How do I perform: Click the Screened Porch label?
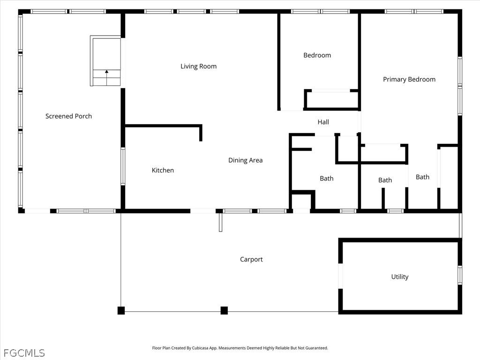tap(68, 116)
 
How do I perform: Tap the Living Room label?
tap(198, 67)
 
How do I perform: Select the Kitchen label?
tap(163, 170)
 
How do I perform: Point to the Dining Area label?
tap(246, 160)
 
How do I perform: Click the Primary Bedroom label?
tap(409, 80)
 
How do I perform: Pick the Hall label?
tap(323, 122)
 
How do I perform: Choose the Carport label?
tap(251, 260)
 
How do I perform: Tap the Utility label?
tap(400, 277)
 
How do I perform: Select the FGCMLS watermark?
tap(24, 353)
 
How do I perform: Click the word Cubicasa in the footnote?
tap(200, 348)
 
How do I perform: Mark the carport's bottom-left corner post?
tap(121, 310)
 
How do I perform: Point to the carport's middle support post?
tap(224, 310)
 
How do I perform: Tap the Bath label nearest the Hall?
tap(327, 179)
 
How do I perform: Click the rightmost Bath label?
tap(422, 177)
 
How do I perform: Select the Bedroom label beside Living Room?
tap(317, 55)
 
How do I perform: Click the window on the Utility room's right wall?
tap(460, 275)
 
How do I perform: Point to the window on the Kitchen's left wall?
tap(123, 166)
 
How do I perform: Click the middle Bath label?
tap(385, 180)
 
